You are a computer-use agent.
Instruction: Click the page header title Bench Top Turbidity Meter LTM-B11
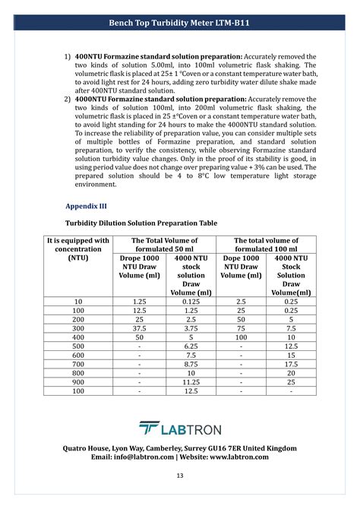(180, 24)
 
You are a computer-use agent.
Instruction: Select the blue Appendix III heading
(85, 205)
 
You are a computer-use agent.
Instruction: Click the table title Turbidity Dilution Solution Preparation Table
(141, 223)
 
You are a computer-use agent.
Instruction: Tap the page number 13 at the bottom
(180, 476)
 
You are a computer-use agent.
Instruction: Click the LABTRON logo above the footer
(180, 429)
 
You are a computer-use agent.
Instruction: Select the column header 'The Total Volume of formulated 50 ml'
(164, 245)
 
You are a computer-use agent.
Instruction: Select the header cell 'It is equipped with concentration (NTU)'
(78, 248)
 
